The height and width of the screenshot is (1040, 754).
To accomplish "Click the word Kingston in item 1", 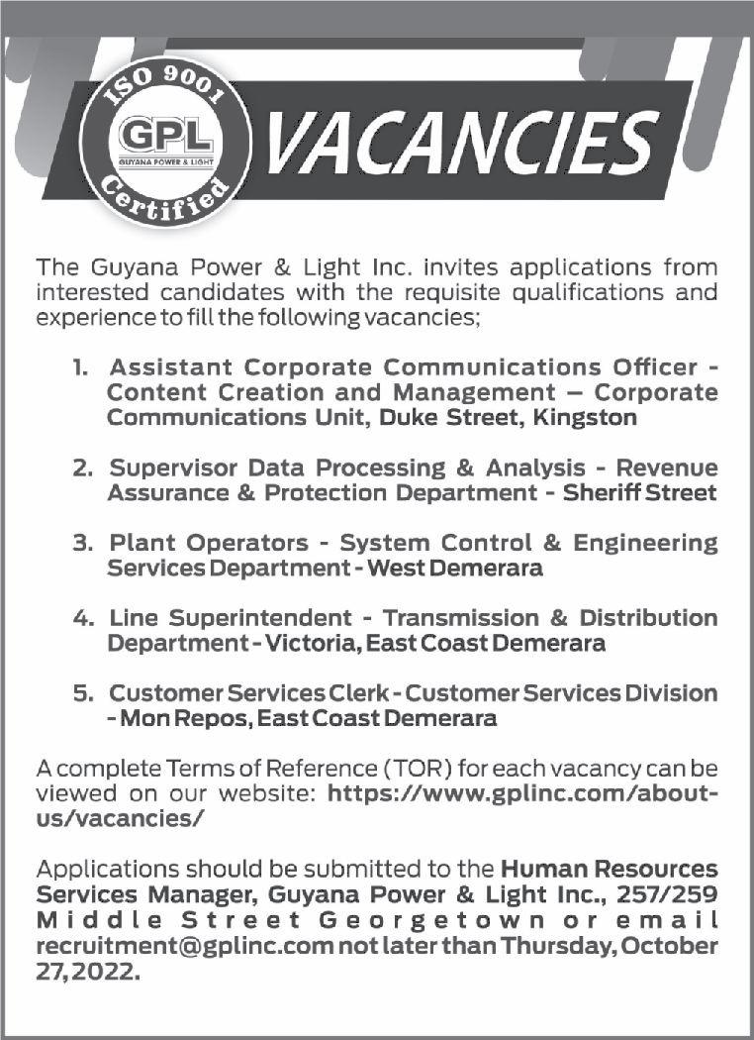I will coord(585,418).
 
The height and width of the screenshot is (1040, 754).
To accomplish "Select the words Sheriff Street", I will coord(639,492).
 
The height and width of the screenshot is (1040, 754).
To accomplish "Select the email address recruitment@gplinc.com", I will coord(184,945).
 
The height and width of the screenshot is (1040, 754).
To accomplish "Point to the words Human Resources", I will coord(610,870).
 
